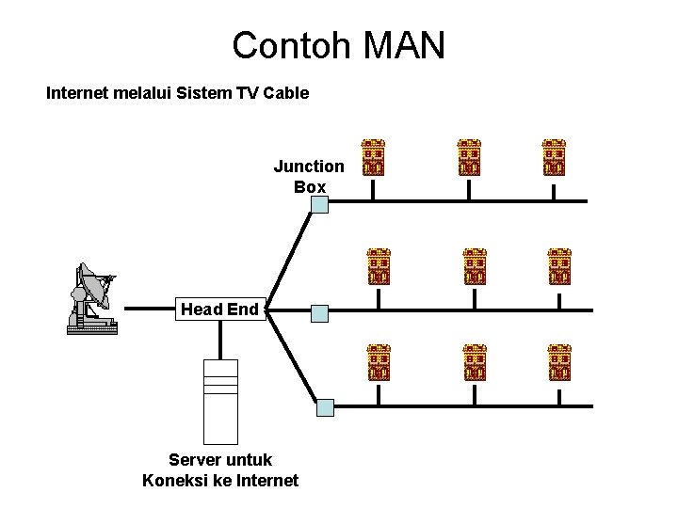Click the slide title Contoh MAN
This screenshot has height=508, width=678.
coord(338,45)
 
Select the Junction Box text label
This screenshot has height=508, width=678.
coord(309,176)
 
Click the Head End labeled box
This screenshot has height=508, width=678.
coord(219,309)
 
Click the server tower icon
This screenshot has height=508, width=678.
coord(221,402)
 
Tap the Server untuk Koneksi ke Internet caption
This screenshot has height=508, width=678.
coord(220,470)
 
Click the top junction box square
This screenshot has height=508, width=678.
coord(320,203)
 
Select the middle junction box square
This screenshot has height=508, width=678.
coord(320,312)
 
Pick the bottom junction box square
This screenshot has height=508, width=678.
coord(325,407)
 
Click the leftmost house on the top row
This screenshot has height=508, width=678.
coord(374,158)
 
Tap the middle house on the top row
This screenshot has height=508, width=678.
coord(469,158)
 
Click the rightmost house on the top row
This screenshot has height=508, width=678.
coord(554,158)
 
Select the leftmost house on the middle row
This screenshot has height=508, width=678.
coord(379,266)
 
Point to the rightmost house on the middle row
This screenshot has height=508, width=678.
coord(559,266)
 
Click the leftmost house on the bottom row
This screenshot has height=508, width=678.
coord(379,362)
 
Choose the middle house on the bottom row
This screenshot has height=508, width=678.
coord(475,362)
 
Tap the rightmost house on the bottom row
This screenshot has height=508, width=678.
coord(559,362)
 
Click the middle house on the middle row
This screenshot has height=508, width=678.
coord(475,266)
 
